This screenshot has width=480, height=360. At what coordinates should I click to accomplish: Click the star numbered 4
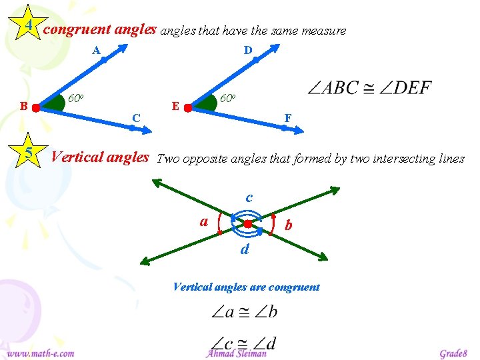click(29, 25)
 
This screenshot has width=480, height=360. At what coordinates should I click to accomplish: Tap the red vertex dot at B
click(36, 107)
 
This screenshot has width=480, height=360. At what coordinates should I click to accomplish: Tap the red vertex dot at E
click(188, 107)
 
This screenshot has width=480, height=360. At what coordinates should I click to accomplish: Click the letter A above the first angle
click(96, 50)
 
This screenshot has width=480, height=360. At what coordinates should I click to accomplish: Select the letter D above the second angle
click(247, 50)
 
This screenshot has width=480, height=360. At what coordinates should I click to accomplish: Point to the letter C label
click(136, 118)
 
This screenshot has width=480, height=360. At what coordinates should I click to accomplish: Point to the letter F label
click(287, 118)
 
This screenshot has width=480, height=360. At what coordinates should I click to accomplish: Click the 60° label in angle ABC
click(76, 99)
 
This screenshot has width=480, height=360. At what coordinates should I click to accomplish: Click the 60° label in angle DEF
click(228, 99)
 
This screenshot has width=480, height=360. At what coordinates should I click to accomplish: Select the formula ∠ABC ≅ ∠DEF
click(371, 88)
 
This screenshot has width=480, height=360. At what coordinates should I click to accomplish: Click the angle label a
click(204, 221)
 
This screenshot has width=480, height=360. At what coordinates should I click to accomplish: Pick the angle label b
click(288, 226)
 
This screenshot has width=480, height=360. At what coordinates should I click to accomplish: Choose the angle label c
click(249, 197)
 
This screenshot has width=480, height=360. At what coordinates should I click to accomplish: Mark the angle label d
click(245, 249)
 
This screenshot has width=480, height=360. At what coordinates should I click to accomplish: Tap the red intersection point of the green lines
click(247, 225)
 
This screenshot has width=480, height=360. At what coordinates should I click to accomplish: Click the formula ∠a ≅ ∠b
click(245, 311)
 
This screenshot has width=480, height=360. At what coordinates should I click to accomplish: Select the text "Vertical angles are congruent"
click(246, 287)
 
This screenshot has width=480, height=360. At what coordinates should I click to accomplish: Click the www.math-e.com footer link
click(41, 353)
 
